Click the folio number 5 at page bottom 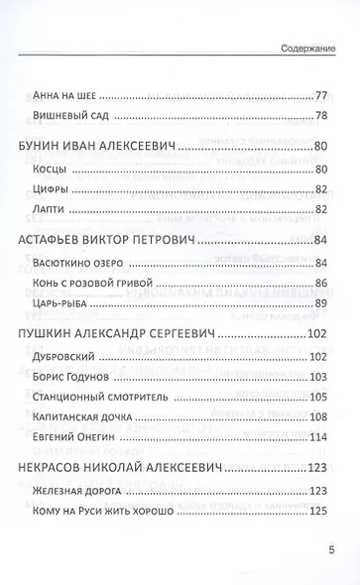331,548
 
